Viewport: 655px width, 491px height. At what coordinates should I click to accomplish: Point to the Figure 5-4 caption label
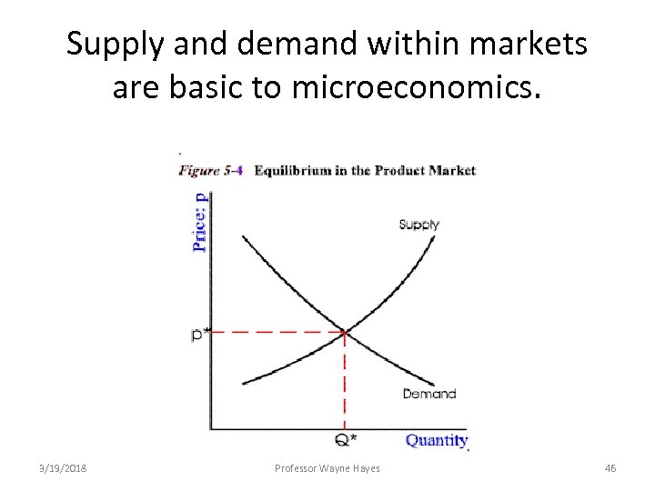[x=210, y=170]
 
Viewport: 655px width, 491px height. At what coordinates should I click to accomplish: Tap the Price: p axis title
[x=200, y=220]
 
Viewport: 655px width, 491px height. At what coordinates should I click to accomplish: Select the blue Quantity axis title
[x=437, y=440]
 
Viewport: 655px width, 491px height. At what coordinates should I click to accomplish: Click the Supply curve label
[x=419, y=224]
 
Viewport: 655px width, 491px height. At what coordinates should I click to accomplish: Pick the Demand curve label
[x=428, y=394]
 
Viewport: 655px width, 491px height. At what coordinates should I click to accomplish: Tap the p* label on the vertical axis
[x=199, y=334]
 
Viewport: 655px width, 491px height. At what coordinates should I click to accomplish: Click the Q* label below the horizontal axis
[x=346, y=441]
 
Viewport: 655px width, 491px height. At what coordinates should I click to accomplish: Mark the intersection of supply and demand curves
[x=345, y=332]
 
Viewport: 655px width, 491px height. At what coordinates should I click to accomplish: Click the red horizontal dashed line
[x=273, y=333]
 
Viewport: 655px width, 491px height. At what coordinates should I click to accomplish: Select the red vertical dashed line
[x=345, y=382]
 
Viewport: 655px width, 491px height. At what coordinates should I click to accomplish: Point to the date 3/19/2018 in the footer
[x=64, y=467]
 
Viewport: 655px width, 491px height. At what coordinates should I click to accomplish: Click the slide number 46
[x=610, y=467]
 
